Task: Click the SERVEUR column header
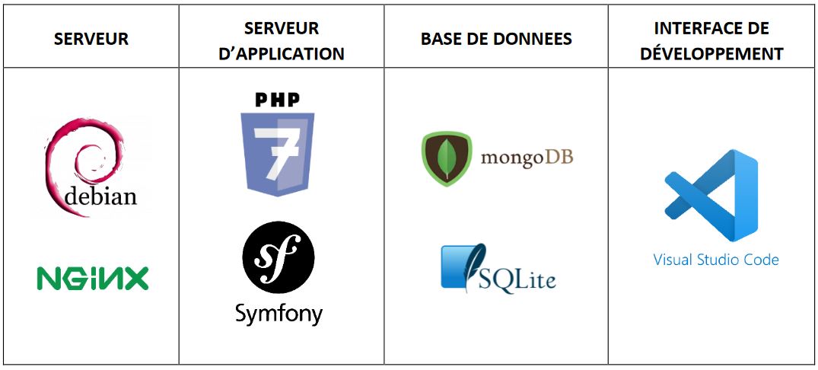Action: point(91,39)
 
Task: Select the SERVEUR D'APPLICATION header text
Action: point(282,40)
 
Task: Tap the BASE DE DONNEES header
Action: point(496,39)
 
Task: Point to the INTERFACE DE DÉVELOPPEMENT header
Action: point(711,40)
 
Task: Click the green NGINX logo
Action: point(92,278)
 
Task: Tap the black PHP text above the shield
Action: point(278,99)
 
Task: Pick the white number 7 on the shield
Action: point(276,151)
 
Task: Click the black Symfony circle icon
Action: point(278,257)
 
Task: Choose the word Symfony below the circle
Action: point(279,315)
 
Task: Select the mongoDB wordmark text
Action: point(527,158)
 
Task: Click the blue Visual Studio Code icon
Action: point(711,195)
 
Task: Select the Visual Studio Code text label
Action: point(716,260)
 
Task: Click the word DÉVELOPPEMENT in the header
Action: point(711,53)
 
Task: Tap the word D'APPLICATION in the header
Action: point(282,53)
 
